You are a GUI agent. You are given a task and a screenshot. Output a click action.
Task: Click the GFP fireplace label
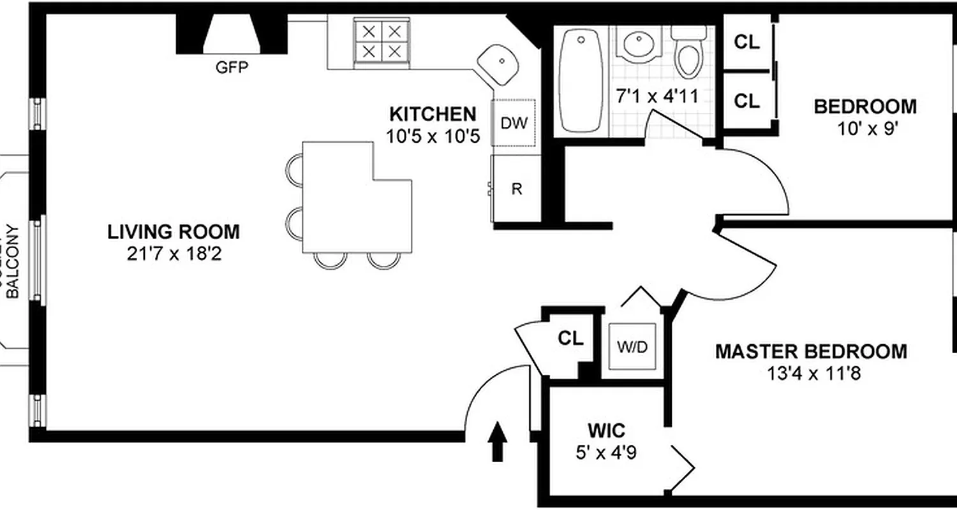(231, 68)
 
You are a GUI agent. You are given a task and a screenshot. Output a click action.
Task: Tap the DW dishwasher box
(514, 124)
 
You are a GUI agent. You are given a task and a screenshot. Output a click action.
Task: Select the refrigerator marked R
(517, 189)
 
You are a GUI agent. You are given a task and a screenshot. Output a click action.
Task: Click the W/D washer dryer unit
(632, 347)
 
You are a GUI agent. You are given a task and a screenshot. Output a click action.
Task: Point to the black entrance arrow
(498, 440)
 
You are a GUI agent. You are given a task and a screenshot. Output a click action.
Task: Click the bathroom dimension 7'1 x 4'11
(657, 96)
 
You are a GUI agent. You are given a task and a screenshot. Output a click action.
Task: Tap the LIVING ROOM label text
(174, 232)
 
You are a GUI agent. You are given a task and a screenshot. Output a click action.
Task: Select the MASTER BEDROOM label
(810, 351)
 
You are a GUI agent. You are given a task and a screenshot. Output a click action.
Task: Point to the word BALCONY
(14, 261)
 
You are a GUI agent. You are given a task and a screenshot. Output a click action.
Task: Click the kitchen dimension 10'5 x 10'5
(433, 136)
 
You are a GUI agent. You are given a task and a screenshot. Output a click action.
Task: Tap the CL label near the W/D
(570, 338)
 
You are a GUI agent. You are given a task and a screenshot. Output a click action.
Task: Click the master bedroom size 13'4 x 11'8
(814, 373)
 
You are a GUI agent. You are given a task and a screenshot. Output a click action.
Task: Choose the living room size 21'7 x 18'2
(174, 254)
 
